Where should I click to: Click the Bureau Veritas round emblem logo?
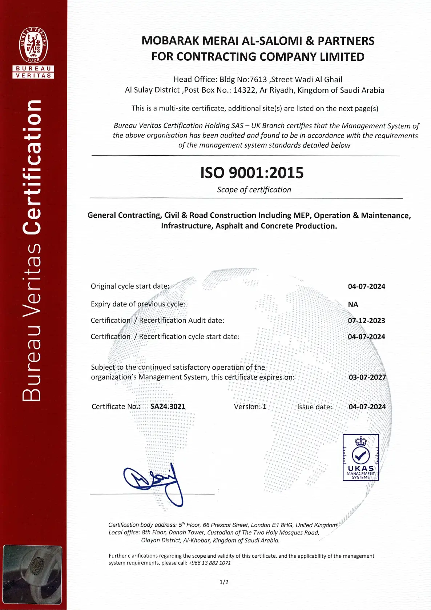[33, 45]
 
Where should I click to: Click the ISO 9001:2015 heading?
[252, 173]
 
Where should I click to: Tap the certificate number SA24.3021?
[168, 406]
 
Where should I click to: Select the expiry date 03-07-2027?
[367, 377]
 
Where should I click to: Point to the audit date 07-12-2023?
[366, 321]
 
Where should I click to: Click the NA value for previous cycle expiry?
[353, 304]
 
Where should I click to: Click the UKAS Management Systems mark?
[360, 457]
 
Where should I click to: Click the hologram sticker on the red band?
[33, 574]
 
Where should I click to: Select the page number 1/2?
[224, 582]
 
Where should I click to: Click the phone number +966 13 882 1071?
[210, 563]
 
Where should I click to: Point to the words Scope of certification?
[254, 190]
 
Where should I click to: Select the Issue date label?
[315, 407]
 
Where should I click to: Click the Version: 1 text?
[250, 407]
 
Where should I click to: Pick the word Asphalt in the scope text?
[229, 226]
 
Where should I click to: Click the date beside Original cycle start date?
[366, 286]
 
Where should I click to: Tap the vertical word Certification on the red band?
[32, 167]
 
